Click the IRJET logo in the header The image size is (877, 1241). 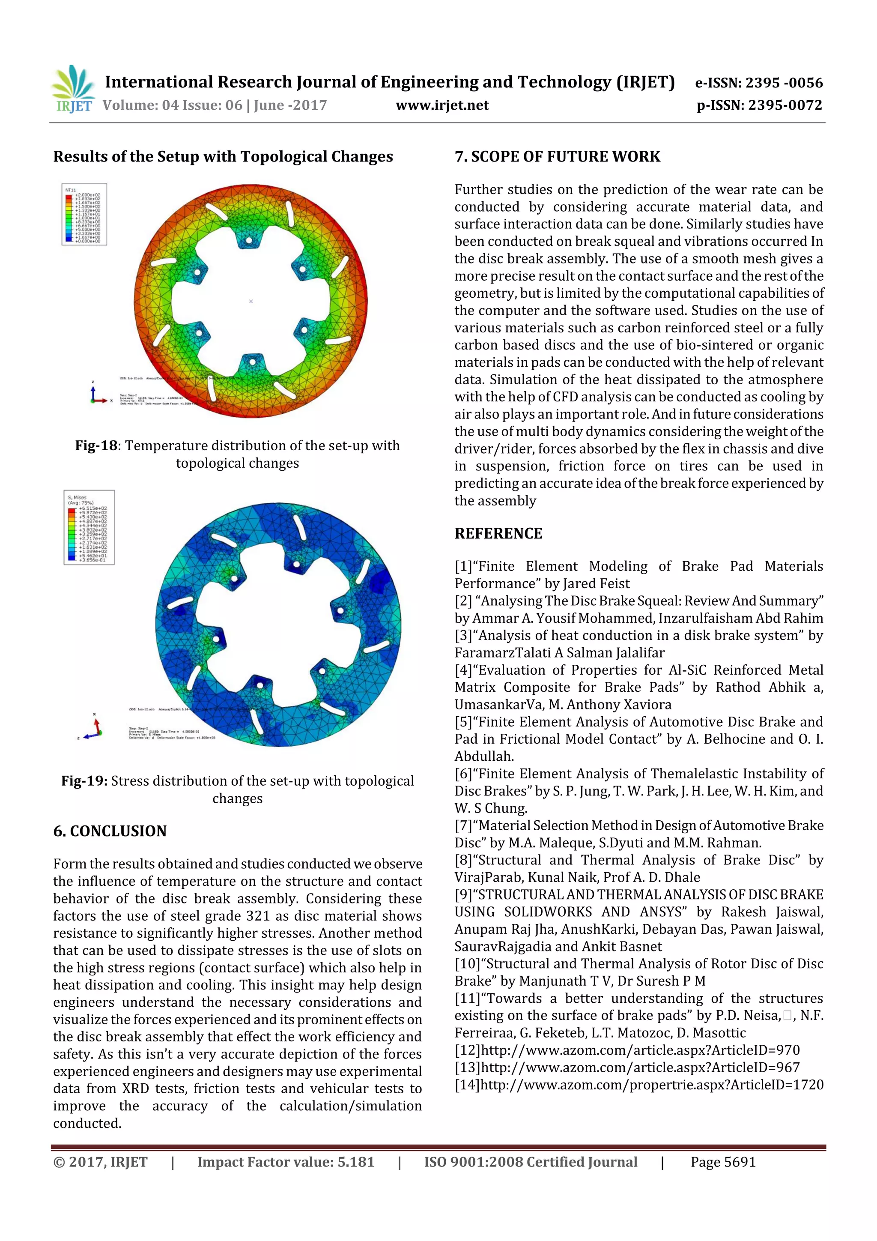[x=72, y=89]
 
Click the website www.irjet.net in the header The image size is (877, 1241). [x=441, y=105]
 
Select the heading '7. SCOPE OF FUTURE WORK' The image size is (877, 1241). [x=557, y=157]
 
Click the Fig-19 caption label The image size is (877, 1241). [x=84, y=781]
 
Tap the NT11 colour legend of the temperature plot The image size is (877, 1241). [x=84, y=215]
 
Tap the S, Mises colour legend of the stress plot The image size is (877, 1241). [x=89, y=527]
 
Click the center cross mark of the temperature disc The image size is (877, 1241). [x=251, y=301]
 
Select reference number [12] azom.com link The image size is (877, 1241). [x=627, y=1050]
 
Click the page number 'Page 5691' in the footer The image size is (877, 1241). [x=722, y=1162]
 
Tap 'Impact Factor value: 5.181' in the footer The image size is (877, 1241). [x=285, y=1162]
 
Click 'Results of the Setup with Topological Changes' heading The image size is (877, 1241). [x=223, y=157]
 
